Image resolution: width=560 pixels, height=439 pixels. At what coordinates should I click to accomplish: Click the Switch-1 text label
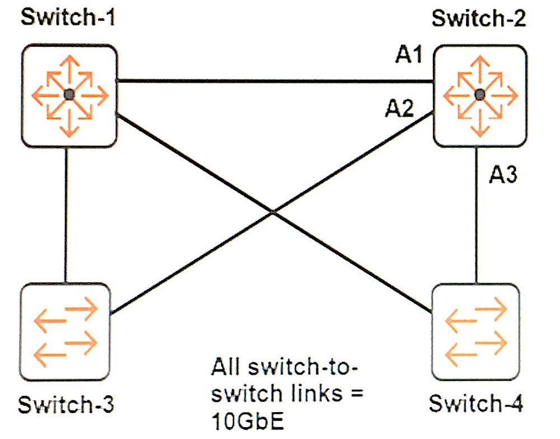point(68,17)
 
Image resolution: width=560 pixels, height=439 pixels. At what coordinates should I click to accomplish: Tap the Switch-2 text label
point(479,18)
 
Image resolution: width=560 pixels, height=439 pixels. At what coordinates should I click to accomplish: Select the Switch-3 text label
point(66,404)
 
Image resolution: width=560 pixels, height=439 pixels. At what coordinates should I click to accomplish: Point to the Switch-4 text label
point(476,403)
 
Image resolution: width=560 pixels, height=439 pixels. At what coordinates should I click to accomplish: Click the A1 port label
point(409,55)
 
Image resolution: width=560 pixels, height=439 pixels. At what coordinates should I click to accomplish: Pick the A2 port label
point(400,108)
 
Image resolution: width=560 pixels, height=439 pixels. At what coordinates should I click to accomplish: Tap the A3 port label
point(503,175)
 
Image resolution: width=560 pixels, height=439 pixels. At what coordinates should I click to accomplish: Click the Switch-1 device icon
point(69,95)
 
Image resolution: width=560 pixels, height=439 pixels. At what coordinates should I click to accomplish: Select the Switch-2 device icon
point(480,95)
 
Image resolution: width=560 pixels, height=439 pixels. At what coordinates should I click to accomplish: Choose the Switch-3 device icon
point(64,332)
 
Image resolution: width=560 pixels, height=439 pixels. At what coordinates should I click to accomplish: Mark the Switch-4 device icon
point(475,332)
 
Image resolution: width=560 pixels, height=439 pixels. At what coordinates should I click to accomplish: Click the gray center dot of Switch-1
point(69,95)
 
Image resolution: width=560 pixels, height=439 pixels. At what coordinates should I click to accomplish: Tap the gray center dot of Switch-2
point(480,95)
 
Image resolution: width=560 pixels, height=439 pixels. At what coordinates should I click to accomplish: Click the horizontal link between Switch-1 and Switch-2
point(275,81)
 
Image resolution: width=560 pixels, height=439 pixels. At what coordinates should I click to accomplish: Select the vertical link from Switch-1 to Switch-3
point(66,215)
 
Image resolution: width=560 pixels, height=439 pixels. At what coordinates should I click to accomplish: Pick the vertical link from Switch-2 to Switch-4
point(476,215)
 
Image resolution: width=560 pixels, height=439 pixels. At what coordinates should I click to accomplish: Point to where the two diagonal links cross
point(273,212)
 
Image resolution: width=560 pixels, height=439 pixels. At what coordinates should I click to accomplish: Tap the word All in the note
point(225,367)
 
